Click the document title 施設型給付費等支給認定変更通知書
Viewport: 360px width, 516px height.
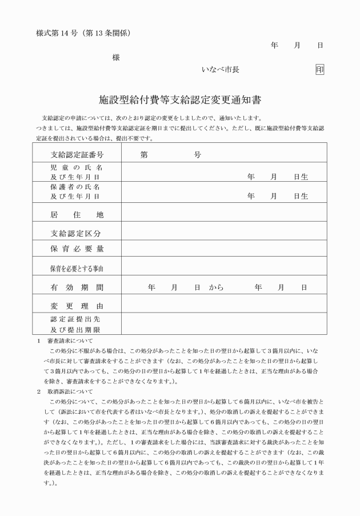coord(180,100)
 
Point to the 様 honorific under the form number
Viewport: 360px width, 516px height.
coord(116,57)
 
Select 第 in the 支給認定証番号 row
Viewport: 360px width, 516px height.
coord(144,155)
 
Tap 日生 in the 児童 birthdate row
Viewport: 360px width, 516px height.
coord(301,177)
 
